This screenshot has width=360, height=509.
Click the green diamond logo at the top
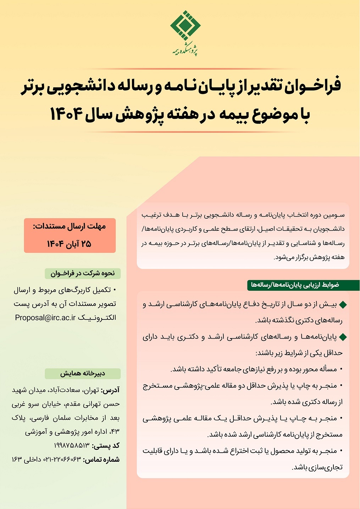coord(185,26)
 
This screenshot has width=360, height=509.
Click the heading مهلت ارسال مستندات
coord(70,226)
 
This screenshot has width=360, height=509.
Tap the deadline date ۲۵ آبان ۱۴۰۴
coord(70,244)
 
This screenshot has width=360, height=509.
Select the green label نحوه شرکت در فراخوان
coord(83,273)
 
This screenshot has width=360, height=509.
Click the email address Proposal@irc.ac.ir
coord(45,318)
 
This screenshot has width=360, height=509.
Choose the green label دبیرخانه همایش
coord(83,373)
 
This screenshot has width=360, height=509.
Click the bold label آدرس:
coord(111,390)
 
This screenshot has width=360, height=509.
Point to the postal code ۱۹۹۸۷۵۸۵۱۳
coord(72,445)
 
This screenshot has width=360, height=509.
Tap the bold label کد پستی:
coord(106,445)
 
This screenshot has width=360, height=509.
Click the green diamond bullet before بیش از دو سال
coord(343,305)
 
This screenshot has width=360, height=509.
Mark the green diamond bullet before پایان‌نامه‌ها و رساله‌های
coord(343,337)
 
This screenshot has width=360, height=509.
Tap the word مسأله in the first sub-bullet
coord(328,369)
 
